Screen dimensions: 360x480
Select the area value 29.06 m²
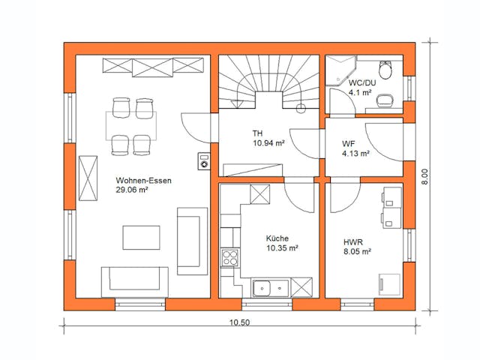[132, 190]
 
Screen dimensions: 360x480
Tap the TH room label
[257, 133]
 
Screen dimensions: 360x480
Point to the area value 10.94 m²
[268, 142]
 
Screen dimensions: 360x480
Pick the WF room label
[349, 143]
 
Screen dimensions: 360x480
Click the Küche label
[277, 238]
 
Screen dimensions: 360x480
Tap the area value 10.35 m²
[282, 247]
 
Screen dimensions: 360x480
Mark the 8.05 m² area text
[357, 253]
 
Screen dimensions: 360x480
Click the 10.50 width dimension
[238, 322]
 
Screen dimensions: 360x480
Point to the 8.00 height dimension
[424, 176]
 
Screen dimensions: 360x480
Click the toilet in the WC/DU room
[386, 70]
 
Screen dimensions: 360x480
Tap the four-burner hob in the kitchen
[228, 258]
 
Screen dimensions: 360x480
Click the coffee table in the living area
[142, 238]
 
